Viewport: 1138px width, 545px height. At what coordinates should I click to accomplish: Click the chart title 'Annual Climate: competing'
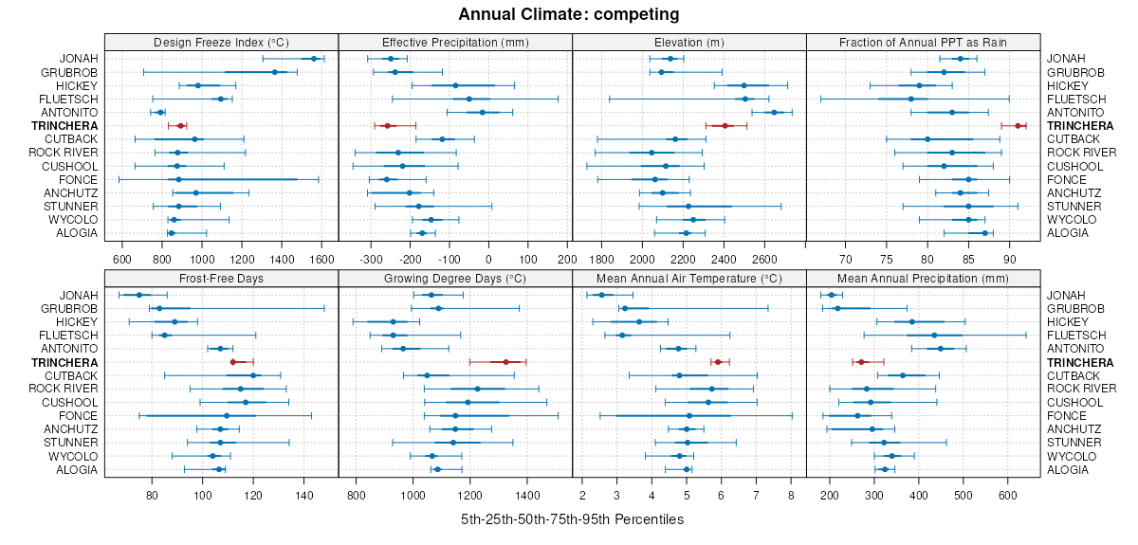[x=569, y=14]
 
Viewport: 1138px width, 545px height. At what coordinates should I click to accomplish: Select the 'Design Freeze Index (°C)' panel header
[x=221, y=42]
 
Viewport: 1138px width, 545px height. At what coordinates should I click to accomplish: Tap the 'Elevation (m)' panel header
[x=688, y=42]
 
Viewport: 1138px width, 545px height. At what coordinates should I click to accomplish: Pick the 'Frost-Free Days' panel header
[x=221, y=279]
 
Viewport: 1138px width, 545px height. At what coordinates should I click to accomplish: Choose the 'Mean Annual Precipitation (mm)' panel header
[x=923, y=279]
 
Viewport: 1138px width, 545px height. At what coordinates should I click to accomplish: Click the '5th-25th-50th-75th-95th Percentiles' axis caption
[x=572, y=519]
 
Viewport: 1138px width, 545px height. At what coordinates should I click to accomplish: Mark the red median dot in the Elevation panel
[x=725, y=125]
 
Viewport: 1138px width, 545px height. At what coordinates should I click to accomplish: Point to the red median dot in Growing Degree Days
[x=505, y=362]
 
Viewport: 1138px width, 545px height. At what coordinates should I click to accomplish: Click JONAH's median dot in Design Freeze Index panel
[x=314, y=59]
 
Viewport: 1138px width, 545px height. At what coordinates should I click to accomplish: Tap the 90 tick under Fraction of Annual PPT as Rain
[x=1009, y=258]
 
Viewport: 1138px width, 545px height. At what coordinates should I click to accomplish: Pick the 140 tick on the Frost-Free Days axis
[x=304, y=495]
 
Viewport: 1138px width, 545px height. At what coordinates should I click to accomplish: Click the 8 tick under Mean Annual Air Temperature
[x=790, y=495]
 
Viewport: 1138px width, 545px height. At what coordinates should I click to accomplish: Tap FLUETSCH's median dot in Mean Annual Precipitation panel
[x=933, y=336]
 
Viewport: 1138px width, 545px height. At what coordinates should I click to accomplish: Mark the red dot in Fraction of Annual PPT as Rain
[x=1019, y=125]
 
